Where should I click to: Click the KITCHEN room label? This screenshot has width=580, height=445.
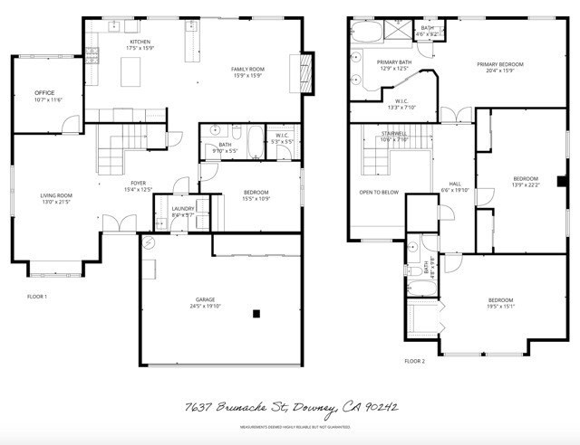(x=140, y=43)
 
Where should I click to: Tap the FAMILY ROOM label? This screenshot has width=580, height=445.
(x=246, y=70)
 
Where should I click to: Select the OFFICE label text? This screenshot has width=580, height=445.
(x=45, y=93)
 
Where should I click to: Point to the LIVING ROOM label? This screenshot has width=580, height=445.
(x=55, y=195)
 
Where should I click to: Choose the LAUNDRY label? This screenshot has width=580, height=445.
(x=182, y=209)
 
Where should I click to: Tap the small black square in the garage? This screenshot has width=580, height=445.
(x=257, y=314)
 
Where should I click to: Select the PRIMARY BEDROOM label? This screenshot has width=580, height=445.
(x=501, y=65)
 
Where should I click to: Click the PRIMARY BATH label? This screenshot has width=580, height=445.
(x=394, y=62)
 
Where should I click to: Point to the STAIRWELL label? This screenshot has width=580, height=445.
(x=394, y=135)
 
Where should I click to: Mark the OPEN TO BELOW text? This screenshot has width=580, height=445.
(x=379, y=192)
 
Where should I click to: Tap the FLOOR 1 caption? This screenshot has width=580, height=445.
(x=37, y=296)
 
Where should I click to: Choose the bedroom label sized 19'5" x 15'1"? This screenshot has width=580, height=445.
(x=501, y=300)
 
